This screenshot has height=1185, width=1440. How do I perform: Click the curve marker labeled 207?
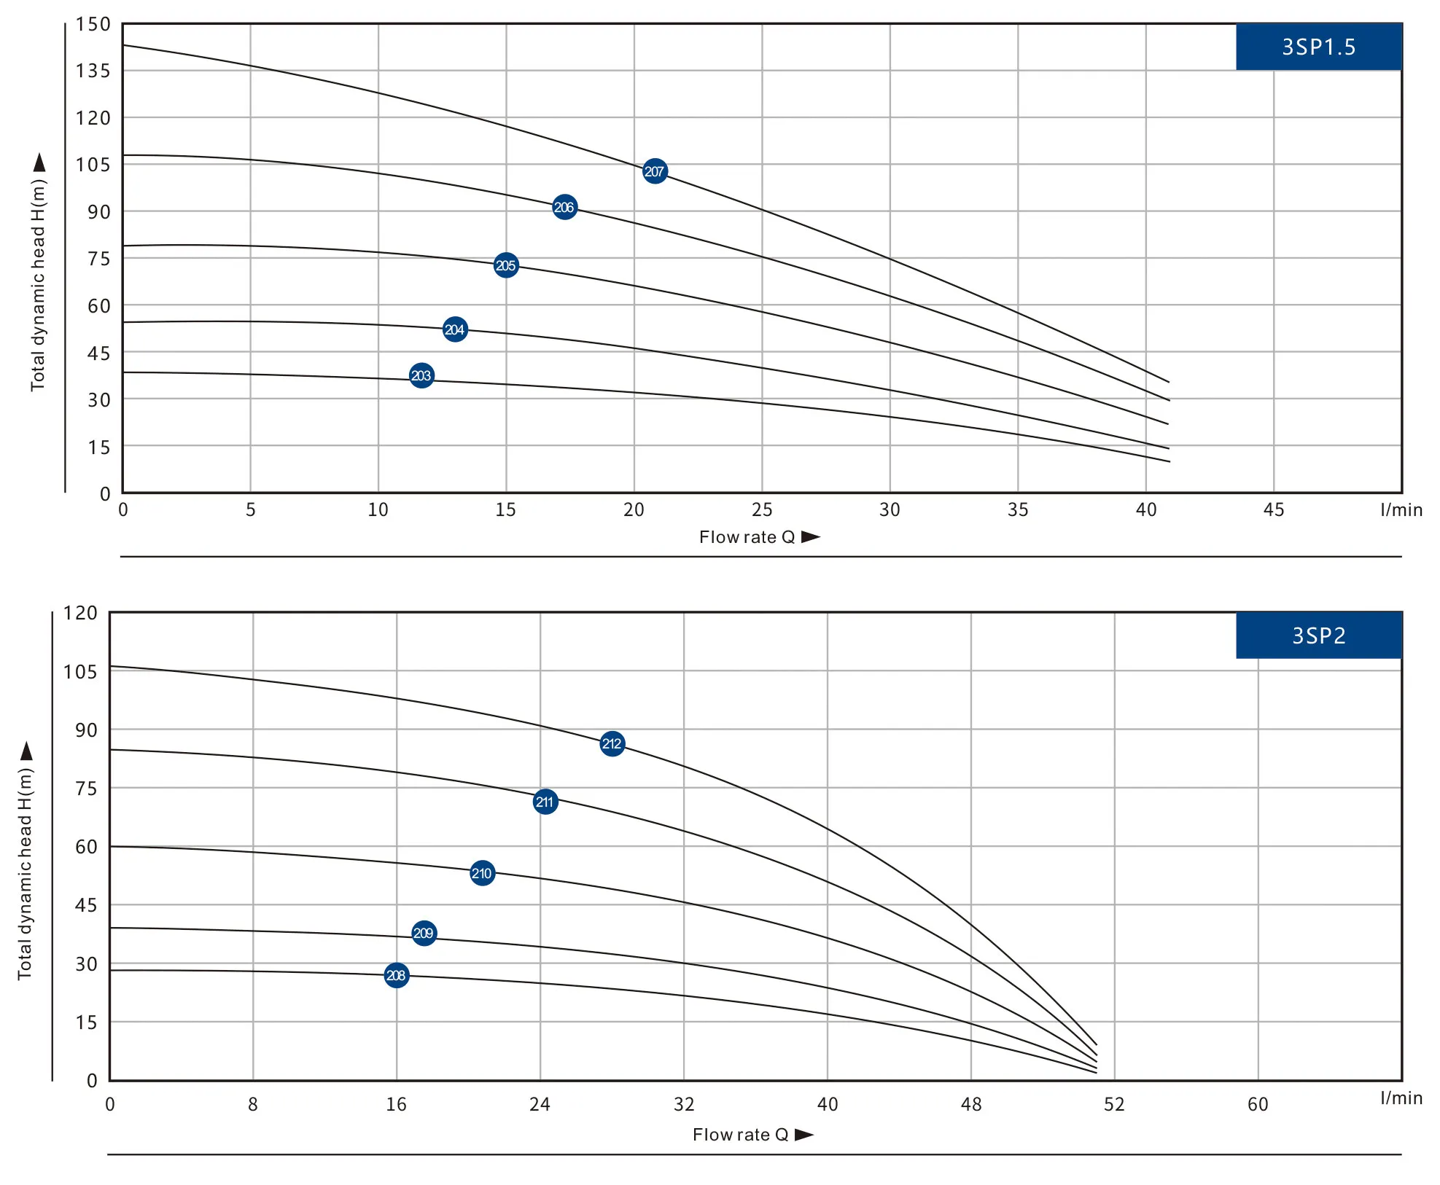pyautogui.click(x=655, y=171)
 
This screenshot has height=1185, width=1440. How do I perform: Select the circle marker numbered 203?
pyautogui.click(x=421, y=375)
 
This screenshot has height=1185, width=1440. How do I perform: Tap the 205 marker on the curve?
pyautogui.click(x=506, y=265)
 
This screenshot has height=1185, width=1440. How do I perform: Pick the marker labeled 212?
pyautogui.click(x=612, y=743)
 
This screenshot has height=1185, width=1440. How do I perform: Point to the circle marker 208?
pyautogui.click(x=396, y=975)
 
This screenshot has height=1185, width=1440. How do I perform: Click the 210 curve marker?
pyautogui.click(x=482, y=873)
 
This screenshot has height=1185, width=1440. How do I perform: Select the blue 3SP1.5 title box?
pyautogui.click(x=1318, y=47)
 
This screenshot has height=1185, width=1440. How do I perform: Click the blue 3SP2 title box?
pyautogui.click(x=1318, y=635)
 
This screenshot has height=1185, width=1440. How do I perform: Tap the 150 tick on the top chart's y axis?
pyautogui.click(x=93, y=24)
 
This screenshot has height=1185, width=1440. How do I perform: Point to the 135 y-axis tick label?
pyautogui.click(x=93, y=71)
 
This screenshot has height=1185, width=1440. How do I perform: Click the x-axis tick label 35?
pyautogui.click(x=1018, y=510)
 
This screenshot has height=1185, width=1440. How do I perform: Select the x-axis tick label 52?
pyautogui.click(x=1114, y=1104)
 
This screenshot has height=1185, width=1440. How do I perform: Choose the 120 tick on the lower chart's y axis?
pyautogui.click(x=80, y=613)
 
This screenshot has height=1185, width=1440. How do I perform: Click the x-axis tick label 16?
pyautogui.click(x=396, y=1104)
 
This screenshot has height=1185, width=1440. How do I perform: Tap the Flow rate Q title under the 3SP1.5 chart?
pyautogui.click(x=747, y=537)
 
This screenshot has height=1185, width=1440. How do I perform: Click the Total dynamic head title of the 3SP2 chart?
pyautogui.click(x=25, y=873)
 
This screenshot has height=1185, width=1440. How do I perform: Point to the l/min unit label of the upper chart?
pyautogui.click(x=1401, y=510)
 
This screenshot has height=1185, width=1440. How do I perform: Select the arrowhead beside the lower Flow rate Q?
pyautogui.click(x=804, y=1135)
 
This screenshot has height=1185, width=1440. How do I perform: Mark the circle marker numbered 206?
pyautogui.click(x=564, y=207)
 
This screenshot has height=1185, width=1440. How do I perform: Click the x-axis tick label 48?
pyautogui.click(x=971, y=1104)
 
